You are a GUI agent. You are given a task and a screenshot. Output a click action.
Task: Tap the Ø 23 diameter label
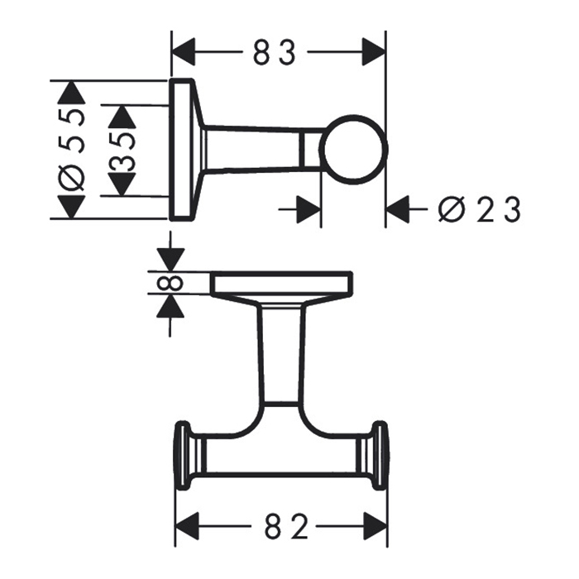coord(480,210)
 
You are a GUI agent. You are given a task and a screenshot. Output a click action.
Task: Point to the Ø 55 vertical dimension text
coord(73,149)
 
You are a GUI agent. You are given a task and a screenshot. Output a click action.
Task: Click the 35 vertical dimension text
coord(122,150)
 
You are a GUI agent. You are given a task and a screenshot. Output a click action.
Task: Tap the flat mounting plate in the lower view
coord(282,284)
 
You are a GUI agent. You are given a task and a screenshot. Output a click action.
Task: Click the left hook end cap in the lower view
coord(181,457)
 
